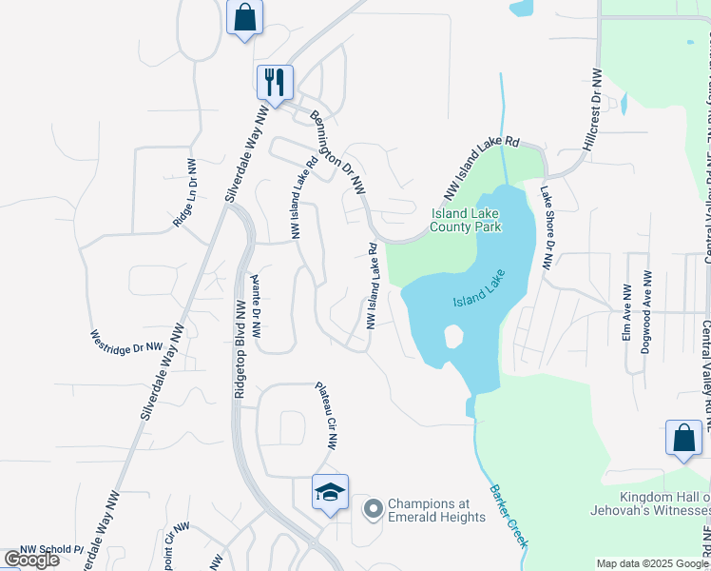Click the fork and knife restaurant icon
276,81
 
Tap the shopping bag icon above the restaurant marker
245,17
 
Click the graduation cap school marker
330,492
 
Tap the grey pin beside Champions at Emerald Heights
373,511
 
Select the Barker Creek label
509,515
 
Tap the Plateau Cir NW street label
326,416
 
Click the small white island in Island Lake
452,337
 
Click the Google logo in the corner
31,560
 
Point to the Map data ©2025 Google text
653,563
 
